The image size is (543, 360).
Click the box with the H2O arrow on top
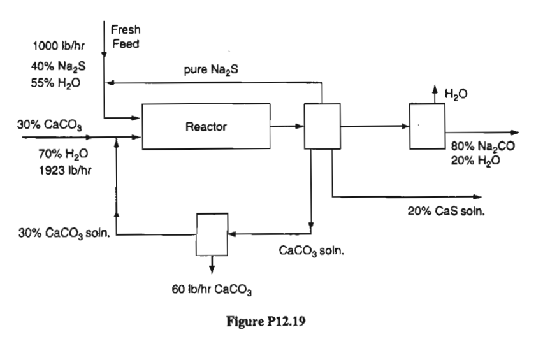[x=427, y=126]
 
